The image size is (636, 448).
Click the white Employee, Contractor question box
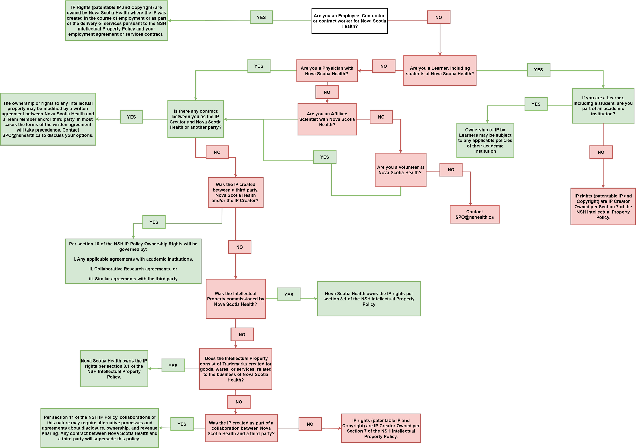point(349,21)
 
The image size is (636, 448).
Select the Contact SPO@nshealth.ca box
point(474,214)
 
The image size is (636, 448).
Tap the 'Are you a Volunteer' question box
point(400,170)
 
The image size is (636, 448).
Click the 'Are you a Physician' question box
point(327,71)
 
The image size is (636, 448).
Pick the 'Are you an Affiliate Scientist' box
point(327,119)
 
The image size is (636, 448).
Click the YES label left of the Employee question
point(261,18)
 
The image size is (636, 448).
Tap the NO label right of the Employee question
point(439,18)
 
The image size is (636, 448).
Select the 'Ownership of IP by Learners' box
point(485,140)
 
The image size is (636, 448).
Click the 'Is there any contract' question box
point(196,119)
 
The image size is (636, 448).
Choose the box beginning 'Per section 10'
point(133,261)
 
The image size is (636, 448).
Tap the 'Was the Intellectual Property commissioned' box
point(236,299)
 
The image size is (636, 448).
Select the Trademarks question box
point(236,369)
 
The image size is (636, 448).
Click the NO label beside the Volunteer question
point(451,170)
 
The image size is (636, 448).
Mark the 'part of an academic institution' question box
point(603,106)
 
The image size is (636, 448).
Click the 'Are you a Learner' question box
point(440,71)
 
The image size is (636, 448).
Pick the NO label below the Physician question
point(327,92)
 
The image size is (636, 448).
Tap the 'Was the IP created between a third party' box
point(236,193)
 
